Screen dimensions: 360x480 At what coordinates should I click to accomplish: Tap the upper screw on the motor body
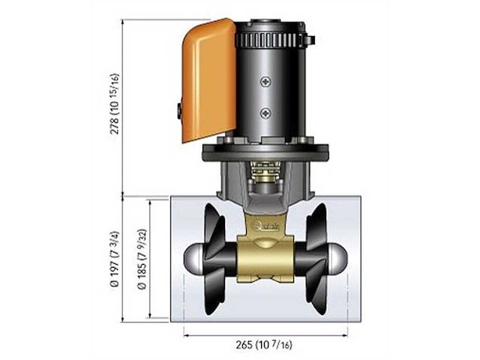(x=265, y=83)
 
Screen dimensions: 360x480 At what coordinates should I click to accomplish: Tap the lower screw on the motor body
(x=265, y=112)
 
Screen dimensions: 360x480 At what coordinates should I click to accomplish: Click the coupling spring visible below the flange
(x=264, y=181)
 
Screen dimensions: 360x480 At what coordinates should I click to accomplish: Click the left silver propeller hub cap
(x=193, y=259)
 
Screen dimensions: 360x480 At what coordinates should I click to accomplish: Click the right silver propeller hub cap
(x=337, y=259)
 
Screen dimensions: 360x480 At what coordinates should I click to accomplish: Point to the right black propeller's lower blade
(x=316, y=296)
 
